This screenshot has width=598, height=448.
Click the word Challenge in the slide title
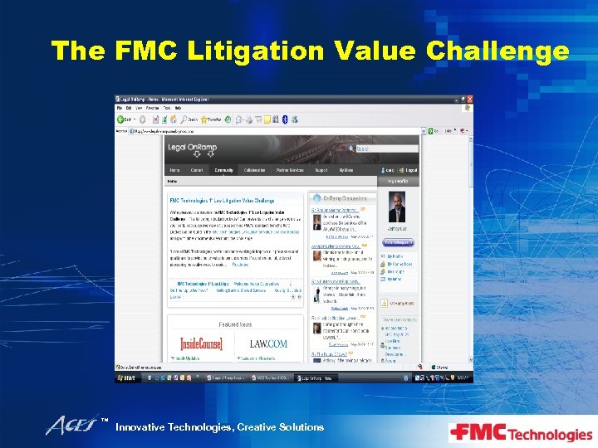[x=498, y=51]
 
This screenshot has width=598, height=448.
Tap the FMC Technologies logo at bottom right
[x=521, y=432]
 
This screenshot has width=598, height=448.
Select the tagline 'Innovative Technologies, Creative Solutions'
[x=219, y=427]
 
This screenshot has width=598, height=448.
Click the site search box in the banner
[x=385, y=149]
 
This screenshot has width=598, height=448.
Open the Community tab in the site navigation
[x=223, y=170]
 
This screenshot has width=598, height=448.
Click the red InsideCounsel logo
[x=201, y=343]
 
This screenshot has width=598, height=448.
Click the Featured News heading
[x=235, y=324]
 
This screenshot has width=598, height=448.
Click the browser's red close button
[x=468, y=100]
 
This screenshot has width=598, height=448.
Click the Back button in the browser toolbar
[x=125, y=119]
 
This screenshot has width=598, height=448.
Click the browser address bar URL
[x=166, y=130]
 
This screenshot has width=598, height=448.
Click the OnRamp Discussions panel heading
[x=342, y=197]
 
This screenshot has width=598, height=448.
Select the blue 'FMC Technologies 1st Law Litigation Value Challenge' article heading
[x=222, y=200]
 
